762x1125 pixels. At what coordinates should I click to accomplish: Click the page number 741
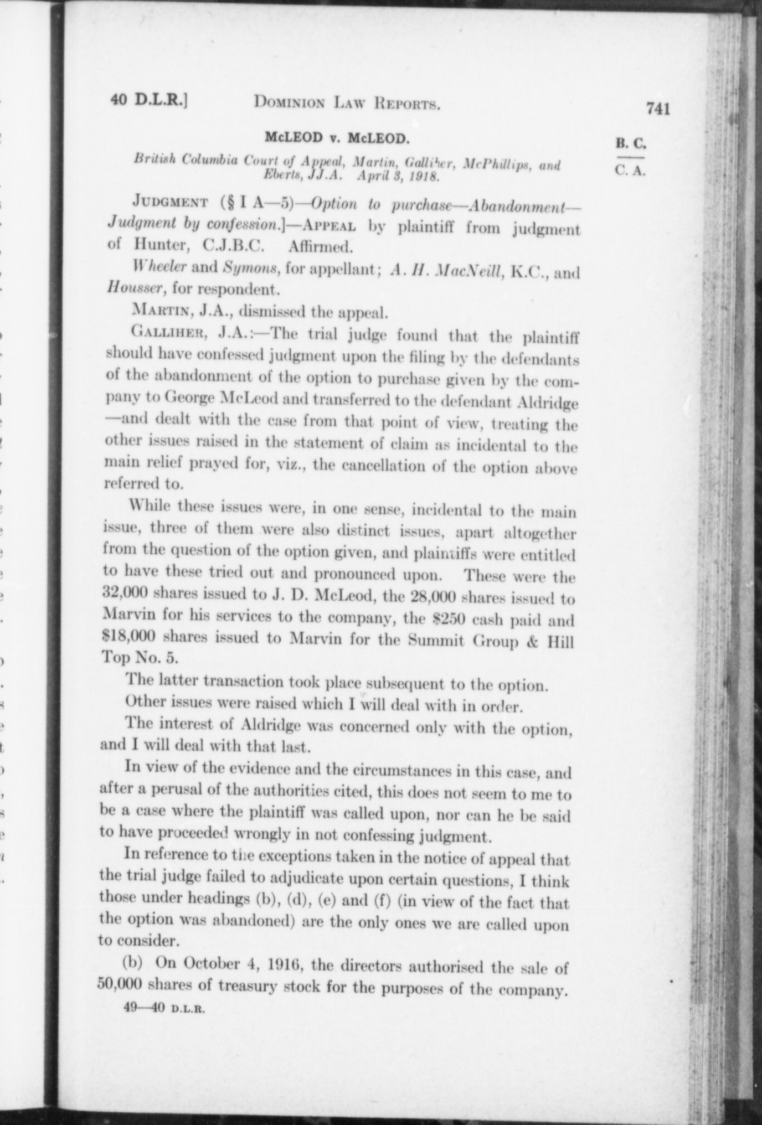coord(658,109)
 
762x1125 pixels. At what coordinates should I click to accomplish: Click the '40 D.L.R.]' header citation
coord(150,100)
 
